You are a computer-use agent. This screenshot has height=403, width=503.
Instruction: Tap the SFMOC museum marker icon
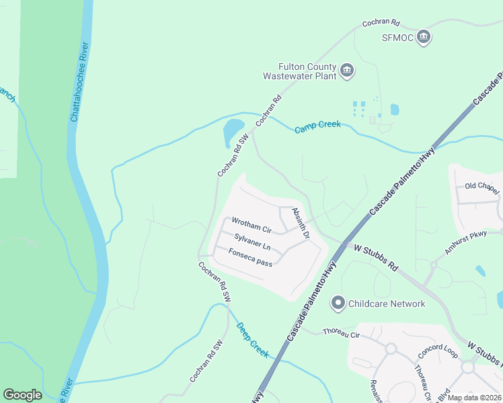pos(423,36)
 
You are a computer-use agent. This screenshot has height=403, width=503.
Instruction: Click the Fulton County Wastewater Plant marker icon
pos(347,71)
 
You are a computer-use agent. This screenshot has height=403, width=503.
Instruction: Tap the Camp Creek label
pos(317,126)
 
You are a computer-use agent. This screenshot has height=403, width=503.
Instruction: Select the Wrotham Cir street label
pos(251,221)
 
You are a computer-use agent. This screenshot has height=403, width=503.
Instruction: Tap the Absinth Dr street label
pos(300,224)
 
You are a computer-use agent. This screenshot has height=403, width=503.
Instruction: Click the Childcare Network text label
pos(387,304)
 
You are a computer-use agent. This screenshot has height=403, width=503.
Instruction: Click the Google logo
pos(22,395)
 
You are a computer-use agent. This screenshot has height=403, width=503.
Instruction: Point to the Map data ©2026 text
pos(475,398)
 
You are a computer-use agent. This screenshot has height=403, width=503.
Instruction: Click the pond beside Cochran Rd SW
pos(233,131)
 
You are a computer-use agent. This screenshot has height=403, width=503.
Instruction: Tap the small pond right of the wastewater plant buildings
pos(395,109)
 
